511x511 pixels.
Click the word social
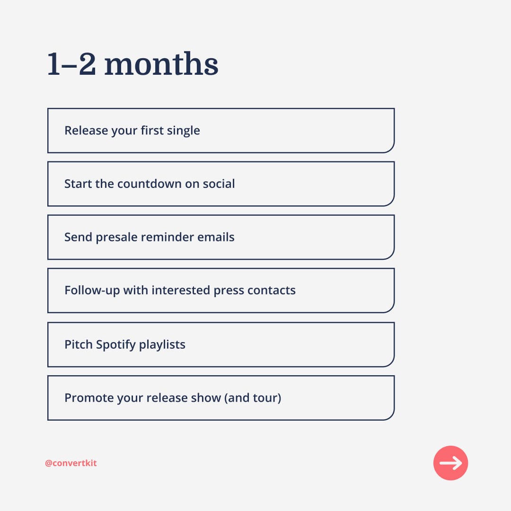(x=218, y=184)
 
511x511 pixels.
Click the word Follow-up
(x=92, y=290)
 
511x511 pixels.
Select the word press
(x=229, y=291)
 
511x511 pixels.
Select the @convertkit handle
(x=70, y=463)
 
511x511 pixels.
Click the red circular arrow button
(x=450, y=463)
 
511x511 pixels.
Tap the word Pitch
(x=79, y=344)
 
